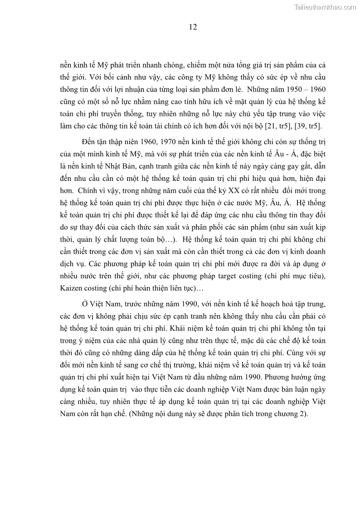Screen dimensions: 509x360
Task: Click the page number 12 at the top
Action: pyautogui.click(x=193, y=27)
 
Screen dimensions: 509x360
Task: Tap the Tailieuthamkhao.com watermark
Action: pyautogui.click(x=326, y=7)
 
